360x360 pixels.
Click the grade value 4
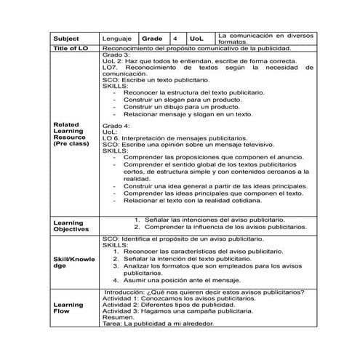pos(175,38)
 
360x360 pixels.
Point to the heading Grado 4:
pos(116,126)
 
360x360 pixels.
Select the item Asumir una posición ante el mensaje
pos(192,279)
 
